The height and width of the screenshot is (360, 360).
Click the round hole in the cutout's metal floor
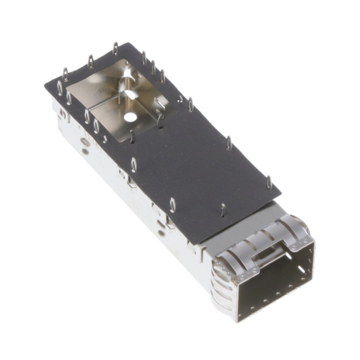point(130,118)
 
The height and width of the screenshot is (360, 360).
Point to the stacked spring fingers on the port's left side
point(220,276)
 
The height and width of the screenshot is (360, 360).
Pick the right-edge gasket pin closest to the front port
point(269,182)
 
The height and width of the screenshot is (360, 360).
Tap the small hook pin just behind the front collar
point(223,210)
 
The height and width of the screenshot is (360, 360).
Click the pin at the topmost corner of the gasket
point(115,48)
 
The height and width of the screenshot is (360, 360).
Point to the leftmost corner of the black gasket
point(46,85)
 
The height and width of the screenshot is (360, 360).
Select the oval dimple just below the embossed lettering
point(84,151)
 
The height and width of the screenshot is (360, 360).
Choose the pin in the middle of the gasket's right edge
point(229,143)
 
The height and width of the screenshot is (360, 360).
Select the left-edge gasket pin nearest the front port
point(173,205)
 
